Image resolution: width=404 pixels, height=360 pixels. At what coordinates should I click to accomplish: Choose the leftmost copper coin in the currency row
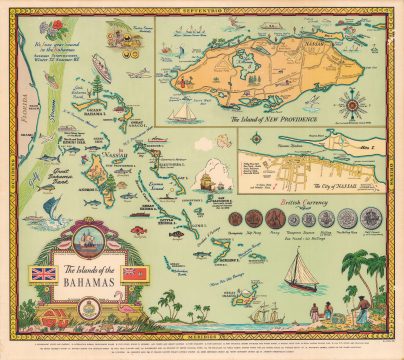coord(238,218)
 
